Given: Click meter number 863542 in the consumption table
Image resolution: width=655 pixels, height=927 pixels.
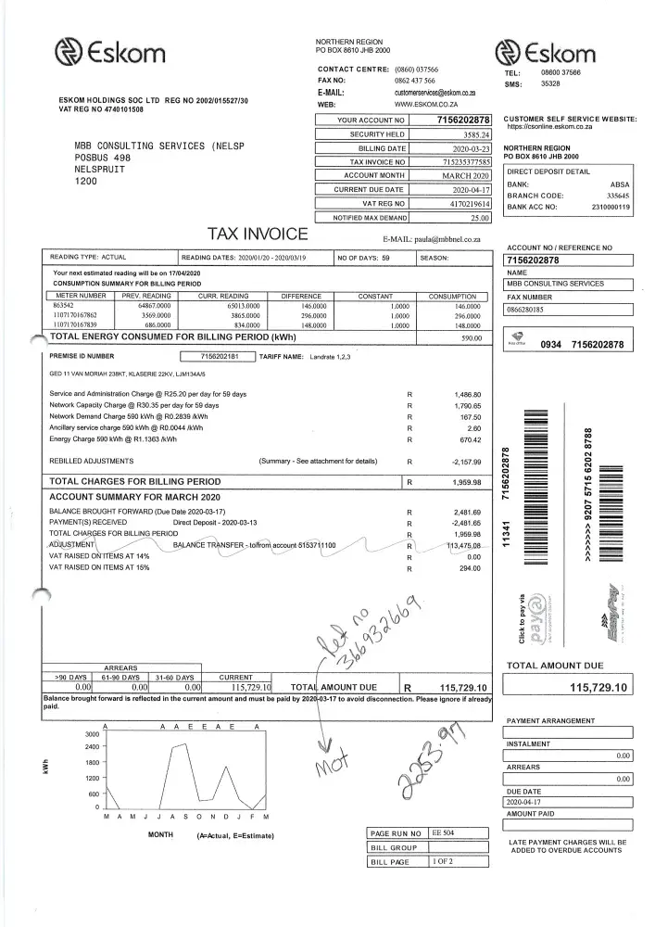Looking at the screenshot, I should (64, 305).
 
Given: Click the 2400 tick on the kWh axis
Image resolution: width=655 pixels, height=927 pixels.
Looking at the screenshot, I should (92, 746).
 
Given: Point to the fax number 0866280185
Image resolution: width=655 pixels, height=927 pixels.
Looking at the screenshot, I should (524, 309).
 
